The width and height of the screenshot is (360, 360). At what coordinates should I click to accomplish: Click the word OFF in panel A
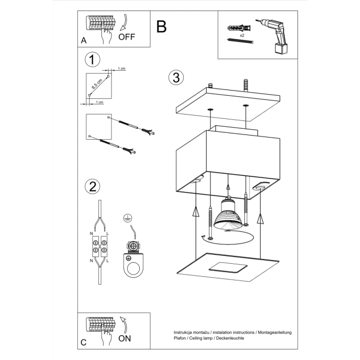pos(127,37)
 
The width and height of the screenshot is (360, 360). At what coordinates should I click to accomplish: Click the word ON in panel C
pos(125,338)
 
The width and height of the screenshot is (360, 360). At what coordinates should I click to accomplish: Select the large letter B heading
pos(161,26)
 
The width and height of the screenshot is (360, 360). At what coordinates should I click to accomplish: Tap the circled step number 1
pos(92,59)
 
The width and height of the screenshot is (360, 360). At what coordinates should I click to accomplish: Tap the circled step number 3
pos(176,77)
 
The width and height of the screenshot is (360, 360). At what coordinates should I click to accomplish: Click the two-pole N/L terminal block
pos(99,247)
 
